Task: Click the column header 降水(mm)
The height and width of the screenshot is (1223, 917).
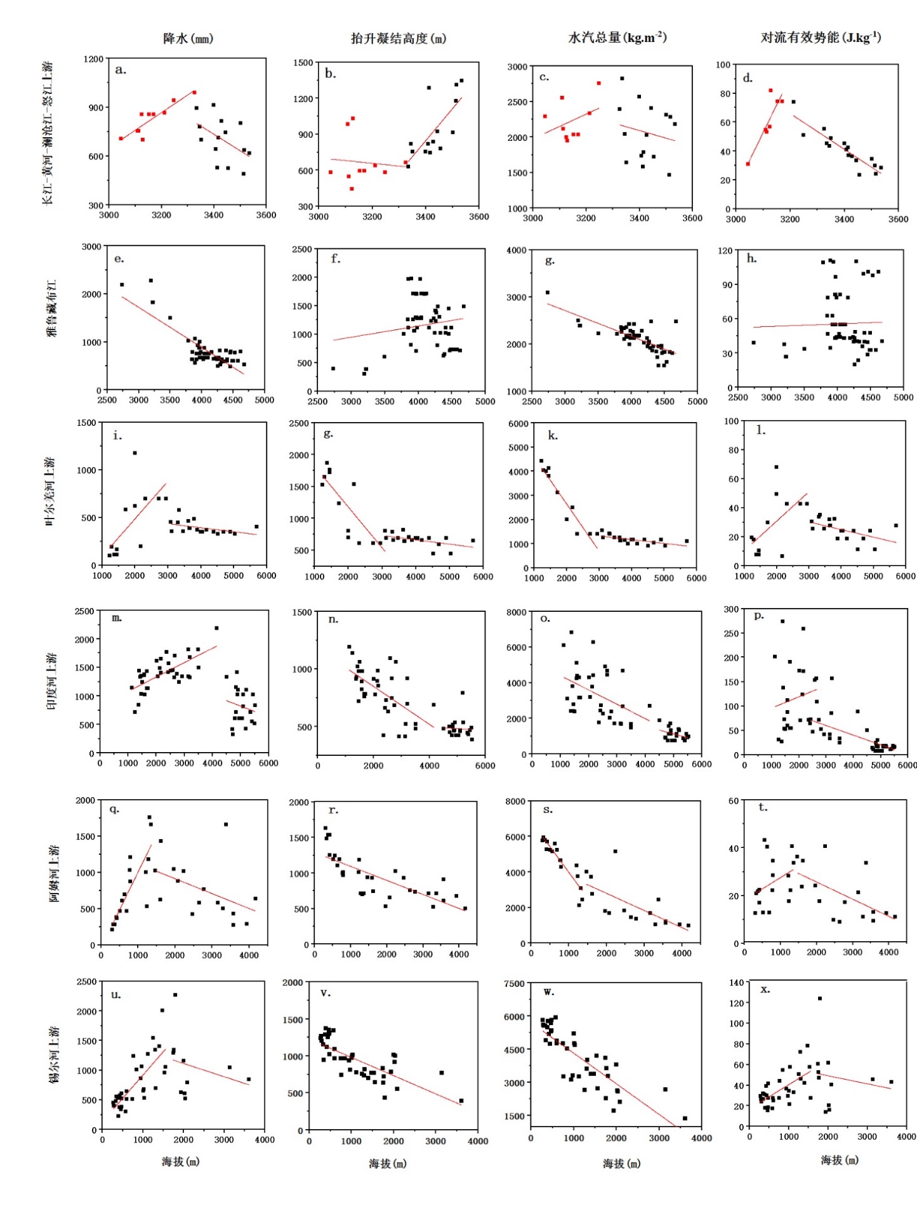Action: pos(188,39)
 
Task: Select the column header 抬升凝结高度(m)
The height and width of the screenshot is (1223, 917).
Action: pos(399,39)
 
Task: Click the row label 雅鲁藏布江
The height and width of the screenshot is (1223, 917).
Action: pos(51,308)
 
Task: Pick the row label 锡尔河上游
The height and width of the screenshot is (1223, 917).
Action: pos(53,1054)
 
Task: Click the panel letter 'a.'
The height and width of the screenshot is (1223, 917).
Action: pos(121,70)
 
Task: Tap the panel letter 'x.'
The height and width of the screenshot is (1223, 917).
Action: pos(765,989)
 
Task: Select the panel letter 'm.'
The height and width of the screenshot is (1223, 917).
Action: pos(117,618)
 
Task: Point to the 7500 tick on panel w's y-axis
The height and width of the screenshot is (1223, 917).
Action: pos(514,984)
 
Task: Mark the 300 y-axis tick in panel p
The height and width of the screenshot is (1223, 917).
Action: pos(731,609)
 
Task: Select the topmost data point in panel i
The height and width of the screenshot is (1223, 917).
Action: pos(135,453)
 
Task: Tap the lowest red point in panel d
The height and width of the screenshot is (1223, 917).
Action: pos(748,164)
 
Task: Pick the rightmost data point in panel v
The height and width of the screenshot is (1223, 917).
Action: pos(461,1101)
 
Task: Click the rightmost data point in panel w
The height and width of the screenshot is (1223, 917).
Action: pos(685,1118)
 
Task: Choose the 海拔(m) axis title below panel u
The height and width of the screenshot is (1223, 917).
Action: pos(180,1161)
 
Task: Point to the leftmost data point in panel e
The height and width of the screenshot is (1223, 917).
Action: pos(122,285)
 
